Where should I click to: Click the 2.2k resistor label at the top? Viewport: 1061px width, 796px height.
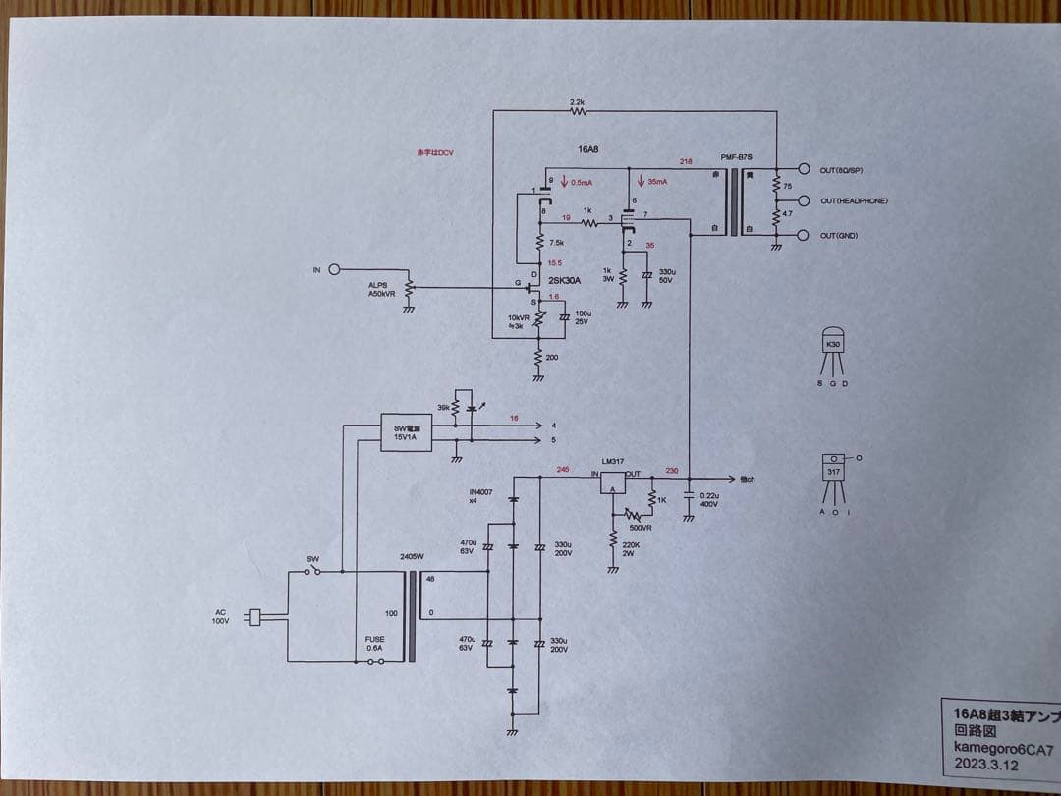pos(578,102)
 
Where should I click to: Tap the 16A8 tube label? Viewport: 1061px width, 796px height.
pos(587,149)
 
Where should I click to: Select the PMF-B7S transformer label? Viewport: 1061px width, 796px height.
pos(736,157)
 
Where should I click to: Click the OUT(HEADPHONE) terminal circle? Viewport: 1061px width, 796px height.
pos(805,201)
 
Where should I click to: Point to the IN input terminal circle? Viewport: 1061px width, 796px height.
pos(334,269)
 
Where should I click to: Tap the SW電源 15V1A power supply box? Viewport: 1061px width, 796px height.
pos(406,432)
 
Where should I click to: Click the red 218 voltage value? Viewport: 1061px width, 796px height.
pos(685,160)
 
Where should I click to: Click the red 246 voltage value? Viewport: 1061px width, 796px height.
pos(562,469)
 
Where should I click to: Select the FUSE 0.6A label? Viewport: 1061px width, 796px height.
pos(374,644)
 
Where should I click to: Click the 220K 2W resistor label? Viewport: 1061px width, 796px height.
pos(632,547)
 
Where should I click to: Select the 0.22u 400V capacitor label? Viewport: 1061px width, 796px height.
pos(708,500)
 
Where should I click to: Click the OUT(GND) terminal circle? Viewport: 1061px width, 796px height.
pos(805,235)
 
